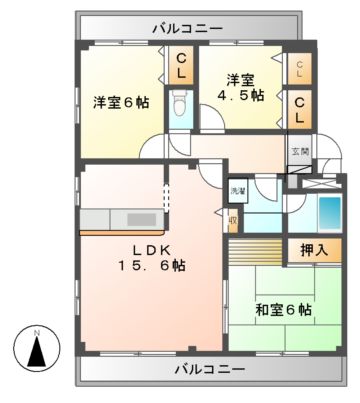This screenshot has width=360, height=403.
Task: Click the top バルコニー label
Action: pos(187,27)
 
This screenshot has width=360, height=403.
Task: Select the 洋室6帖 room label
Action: pos(121,102)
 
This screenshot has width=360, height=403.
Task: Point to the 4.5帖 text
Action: pos(243,96)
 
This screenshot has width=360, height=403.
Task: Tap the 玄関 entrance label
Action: pos(300,152)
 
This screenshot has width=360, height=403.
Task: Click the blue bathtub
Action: pos(328,212)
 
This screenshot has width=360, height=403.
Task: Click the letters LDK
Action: pos(147,248)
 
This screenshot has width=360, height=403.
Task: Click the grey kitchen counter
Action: pos(125,219)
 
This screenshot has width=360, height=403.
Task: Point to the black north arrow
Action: pos(37,352)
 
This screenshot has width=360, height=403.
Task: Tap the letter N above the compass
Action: pos(37,330)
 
